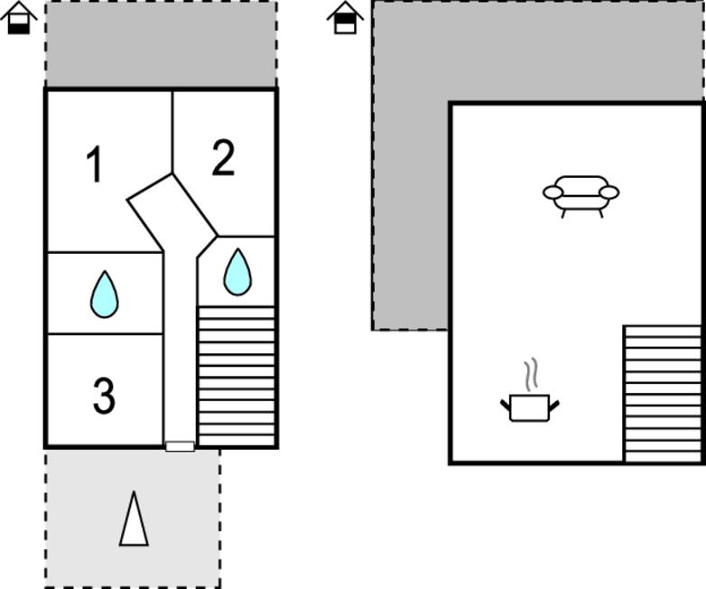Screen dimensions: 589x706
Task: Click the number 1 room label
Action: point(95,166)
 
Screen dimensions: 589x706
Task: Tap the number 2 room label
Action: point(223,159)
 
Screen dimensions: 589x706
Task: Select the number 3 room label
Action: point(104,396)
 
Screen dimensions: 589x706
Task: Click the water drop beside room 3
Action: point(105,294)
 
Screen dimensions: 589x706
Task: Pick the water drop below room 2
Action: point(237,272)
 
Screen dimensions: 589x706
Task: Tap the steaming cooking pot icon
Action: point(530,407)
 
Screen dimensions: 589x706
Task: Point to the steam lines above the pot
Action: point(532,374)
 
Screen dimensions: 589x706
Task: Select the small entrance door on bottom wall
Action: point(180,446)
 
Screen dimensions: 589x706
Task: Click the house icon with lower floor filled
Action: point(19,18)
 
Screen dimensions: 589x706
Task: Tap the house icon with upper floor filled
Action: point(345,18)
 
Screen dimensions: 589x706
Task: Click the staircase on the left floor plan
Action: point(237,375)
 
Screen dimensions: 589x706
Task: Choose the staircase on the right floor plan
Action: point(663,393)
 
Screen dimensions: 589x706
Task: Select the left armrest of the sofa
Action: point(553,192)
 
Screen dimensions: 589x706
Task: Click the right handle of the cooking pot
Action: point(554,404)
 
